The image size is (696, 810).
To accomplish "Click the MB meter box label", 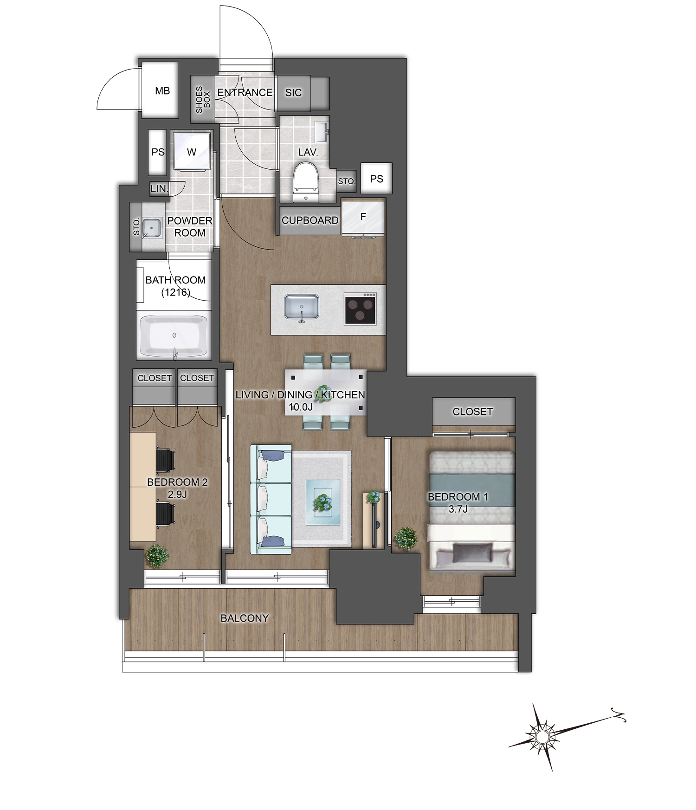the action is [x=162, y=91].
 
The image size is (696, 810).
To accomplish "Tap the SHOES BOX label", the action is [x=203, y=99].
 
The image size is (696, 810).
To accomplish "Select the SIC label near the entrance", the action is [x=293, y=93].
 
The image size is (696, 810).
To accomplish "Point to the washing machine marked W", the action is [x=192, y=152].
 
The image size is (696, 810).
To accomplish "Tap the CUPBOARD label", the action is [x=310, y=220].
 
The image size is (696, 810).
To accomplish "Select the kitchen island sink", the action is [x=302, y=307].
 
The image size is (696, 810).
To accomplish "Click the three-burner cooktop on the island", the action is [x=360, y=309].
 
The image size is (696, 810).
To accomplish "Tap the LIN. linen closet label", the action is [x=159, y=189].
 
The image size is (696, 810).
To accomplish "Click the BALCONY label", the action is [x=245, y=618].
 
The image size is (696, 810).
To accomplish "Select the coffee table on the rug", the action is [x=323, y=502].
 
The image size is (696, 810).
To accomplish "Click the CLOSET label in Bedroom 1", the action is [x=472, y=411].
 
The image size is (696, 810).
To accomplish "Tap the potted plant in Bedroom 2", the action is [x=157, y=555].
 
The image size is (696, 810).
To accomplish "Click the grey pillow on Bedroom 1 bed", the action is [x=471, y=553].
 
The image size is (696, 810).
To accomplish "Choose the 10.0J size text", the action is [x=300, y=407].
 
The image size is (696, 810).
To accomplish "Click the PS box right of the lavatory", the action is [x=376, y=179].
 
